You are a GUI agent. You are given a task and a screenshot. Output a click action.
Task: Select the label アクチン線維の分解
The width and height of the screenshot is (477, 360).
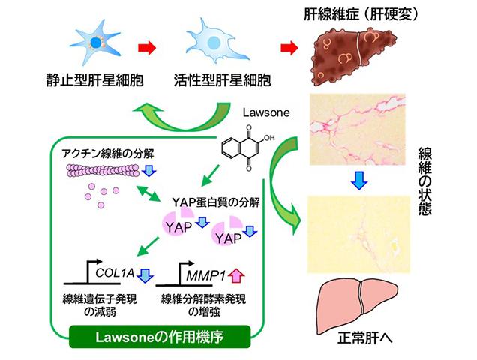(101, 152)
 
